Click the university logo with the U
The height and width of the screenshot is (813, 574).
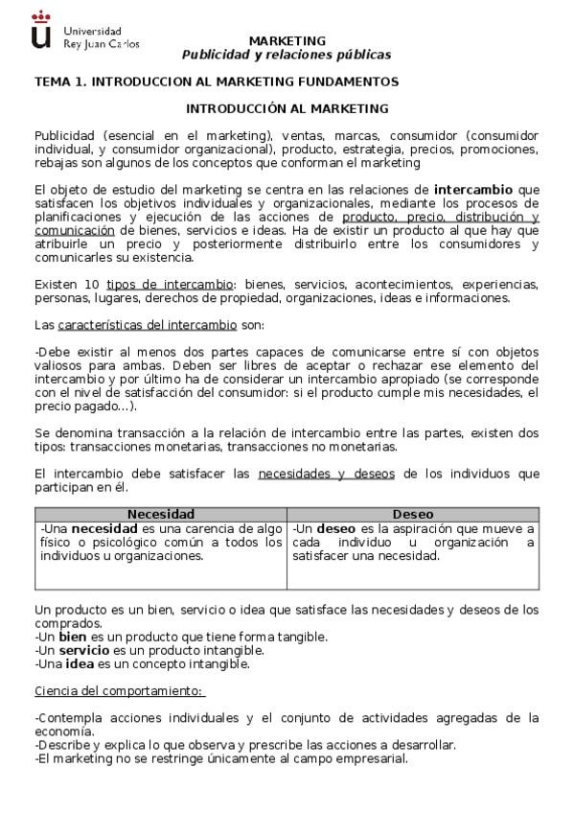(40, 31)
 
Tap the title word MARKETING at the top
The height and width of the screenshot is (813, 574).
(287, 41)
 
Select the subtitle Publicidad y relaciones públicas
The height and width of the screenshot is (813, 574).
(287, 55)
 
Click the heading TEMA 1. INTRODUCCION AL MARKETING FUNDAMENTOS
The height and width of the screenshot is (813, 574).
(217, 82)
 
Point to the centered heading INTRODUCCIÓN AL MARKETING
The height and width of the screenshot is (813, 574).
(287, 109)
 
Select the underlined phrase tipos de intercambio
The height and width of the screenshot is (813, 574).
(170, 285)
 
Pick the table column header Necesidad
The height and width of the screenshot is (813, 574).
(160, 514)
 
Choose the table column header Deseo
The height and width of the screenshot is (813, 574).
(412, 514)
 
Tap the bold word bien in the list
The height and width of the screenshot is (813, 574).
(72, 637)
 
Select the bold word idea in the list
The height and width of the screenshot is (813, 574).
(80, 663)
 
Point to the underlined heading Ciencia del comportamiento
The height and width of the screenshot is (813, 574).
(118, 690)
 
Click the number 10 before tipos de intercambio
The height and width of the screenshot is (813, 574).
(92, 285)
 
